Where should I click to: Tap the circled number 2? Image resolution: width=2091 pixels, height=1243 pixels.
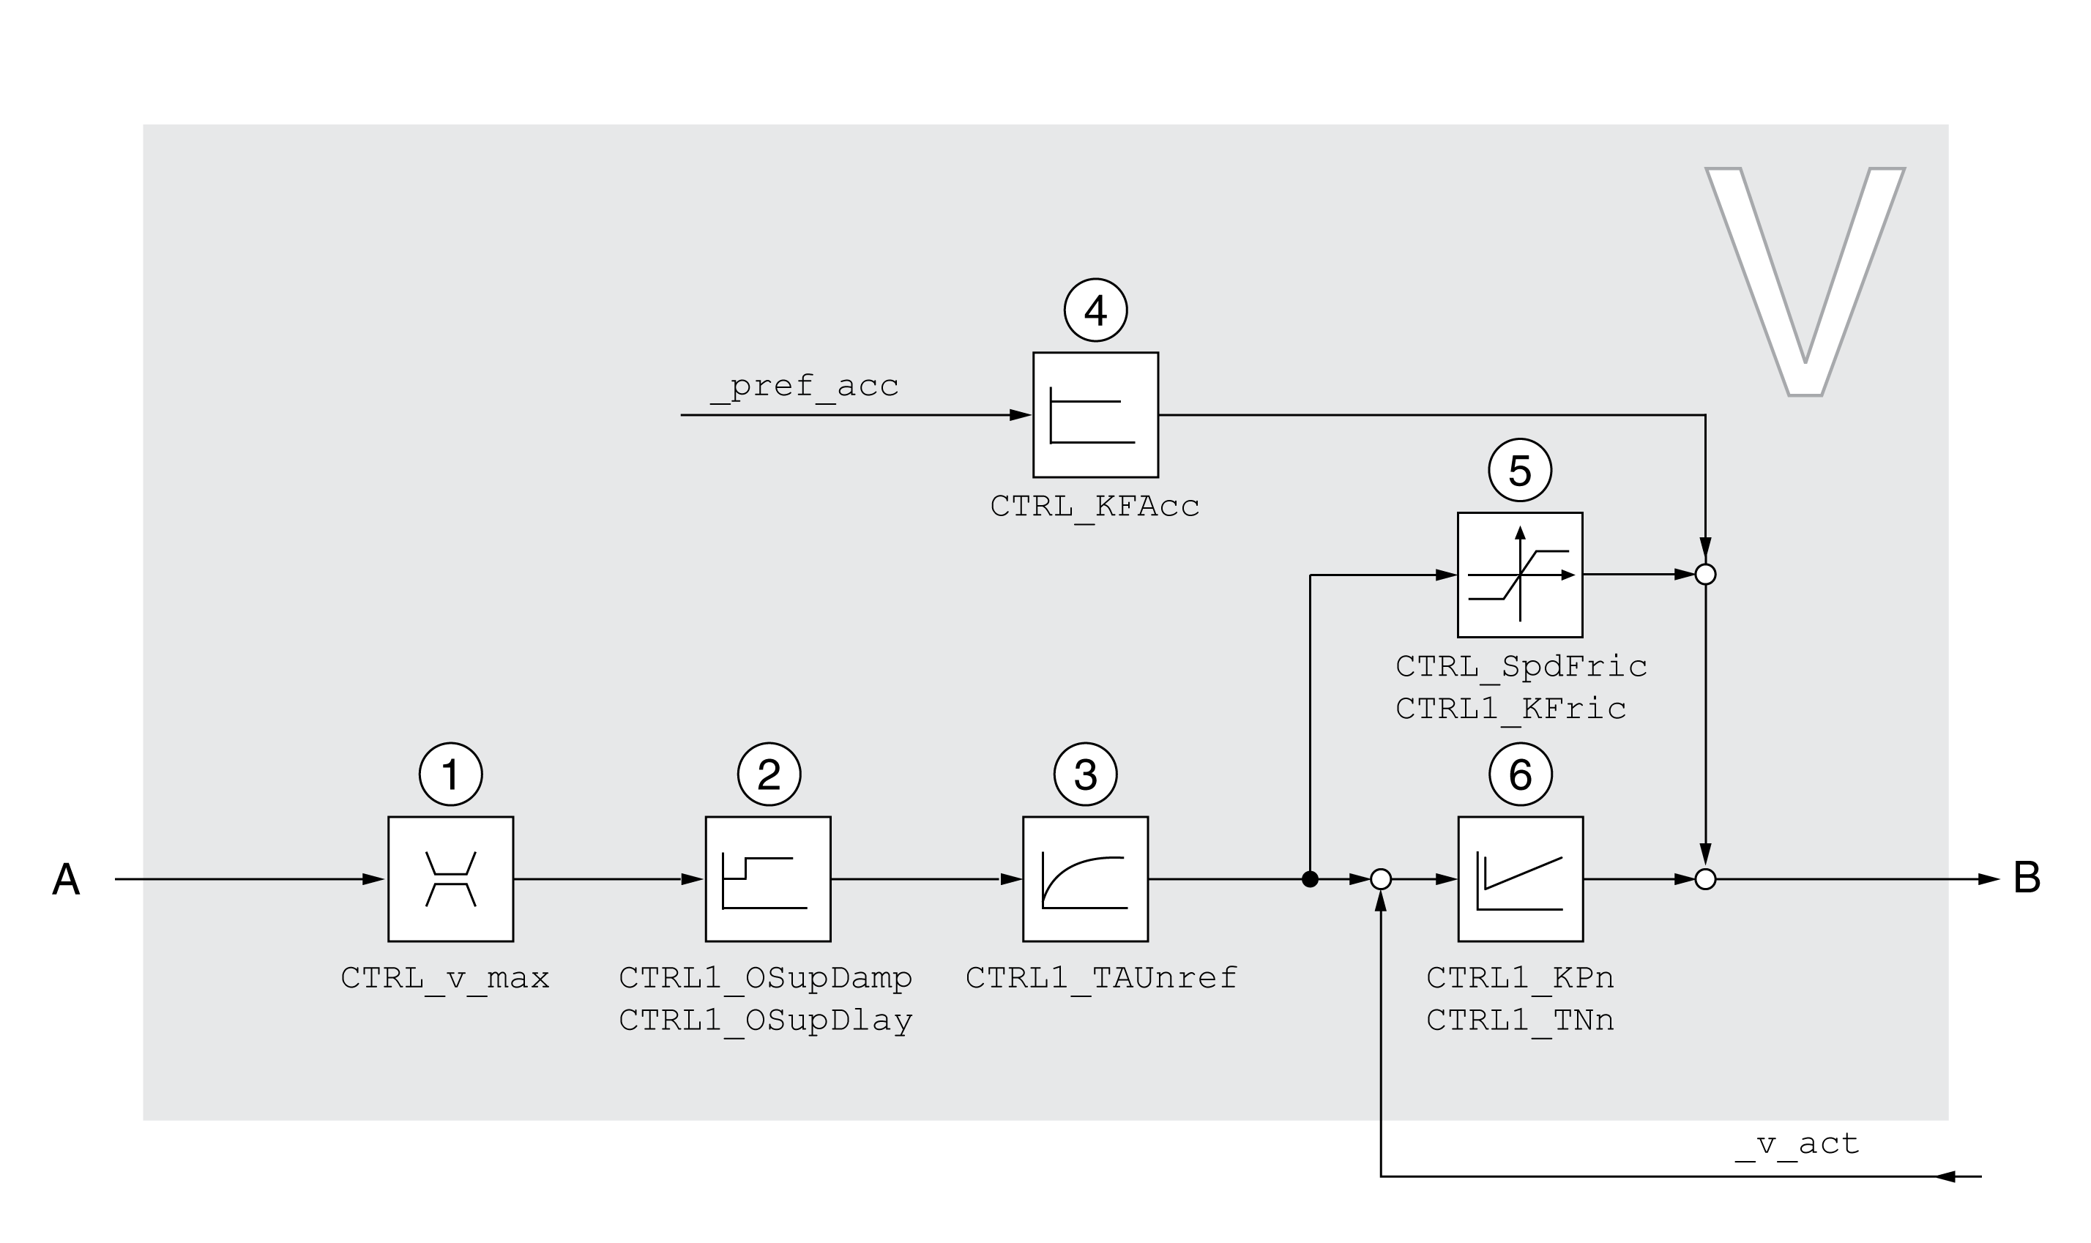[768, 774]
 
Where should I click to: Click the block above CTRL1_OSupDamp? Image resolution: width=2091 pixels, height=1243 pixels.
[767, 878]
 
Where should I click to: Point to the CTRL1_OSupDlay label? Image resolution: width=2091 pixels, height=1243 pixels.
[765, 1020]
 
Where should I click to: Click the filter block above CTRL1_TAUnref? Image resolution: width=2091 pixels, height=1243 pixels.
[1085, 878]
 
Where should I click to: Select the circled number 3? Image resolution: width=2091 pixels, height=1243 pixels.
[1085, 774]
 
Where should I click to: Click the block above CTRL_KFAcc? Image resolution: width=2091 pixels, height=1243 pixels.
[1095, 414]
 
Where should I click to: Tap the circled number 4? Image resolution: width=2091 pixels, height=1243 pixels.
[1095, 310]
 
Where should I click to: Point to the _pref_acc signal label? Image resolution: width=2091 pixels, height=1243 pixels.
[803, 385]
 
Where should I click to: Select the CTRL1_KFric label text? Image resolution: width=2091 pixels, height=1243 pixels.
[1510, 709]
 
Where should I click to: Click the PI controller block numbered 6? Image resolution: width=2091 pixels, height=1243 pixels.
[1520, 878]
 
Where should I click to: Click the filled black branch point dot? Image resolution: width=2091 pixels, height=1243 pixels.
[1311, 878]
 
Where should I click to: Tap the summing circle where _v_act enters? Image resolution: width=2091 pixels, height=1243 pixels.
[1381, 878]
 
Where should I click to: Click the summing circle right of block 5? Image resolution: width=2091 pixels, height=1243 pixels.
[1705, 574]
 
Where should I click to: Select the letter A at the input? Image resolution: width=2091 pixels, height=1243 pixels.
[66, 879]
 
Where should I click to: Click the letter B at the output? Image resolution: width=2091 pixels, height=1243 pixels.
[2027, 878]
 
